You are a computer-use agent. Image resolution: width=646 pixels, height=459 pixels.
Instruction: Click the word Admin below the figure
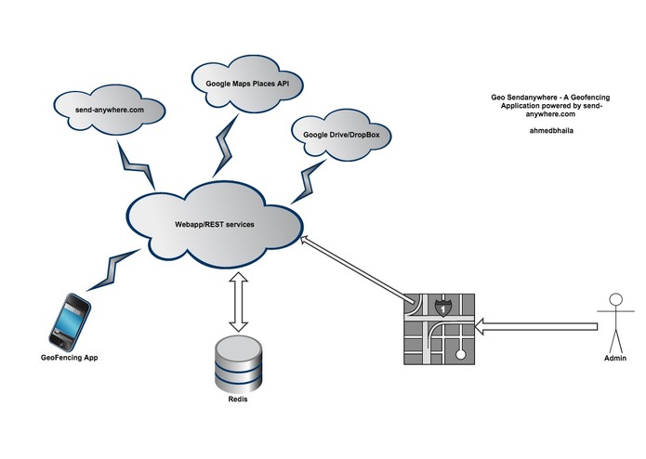(613, 358)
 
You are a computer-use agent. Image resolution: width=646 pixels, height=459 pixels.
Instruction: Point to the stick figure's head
(613, 298)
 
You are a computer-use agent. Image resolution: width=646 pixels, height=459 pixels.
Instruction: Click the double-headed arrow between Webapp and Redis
(238, 304)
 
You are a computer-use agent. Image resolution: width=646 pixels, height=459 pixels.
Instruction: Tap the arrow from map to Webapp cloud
(358, 269)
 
